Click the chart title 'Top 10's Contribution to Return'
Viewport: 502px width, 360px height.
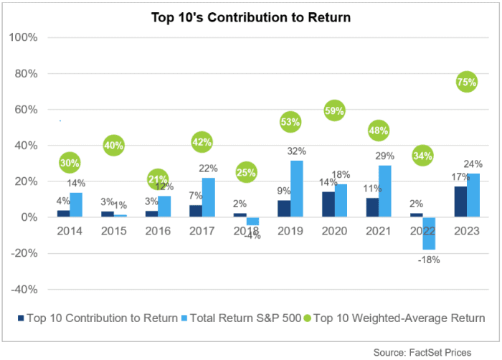pyautogui.click(x=251, y=16)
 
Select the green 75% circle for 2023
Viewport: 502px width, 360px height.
pyautogui.click(x=466, y=82)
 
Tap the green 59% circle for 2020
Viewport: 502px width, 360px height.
pyautogui.click(x=335, y=110)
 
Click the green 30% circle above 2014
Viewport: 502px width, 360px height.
pyautogui.click(x=70, y=163)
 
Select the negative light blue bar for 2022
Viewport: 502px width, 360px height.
pyautogui.click(x=428, y=233)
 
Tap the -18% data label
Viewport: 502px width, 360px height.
pyautogui.click(x=430, y=260)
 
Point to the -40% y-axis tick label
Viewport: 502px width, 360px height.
pyautogui.click(x=29, y=289)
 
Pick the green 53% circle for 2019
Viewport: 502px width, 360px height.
pyautogui.click(x=290, y=123)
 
